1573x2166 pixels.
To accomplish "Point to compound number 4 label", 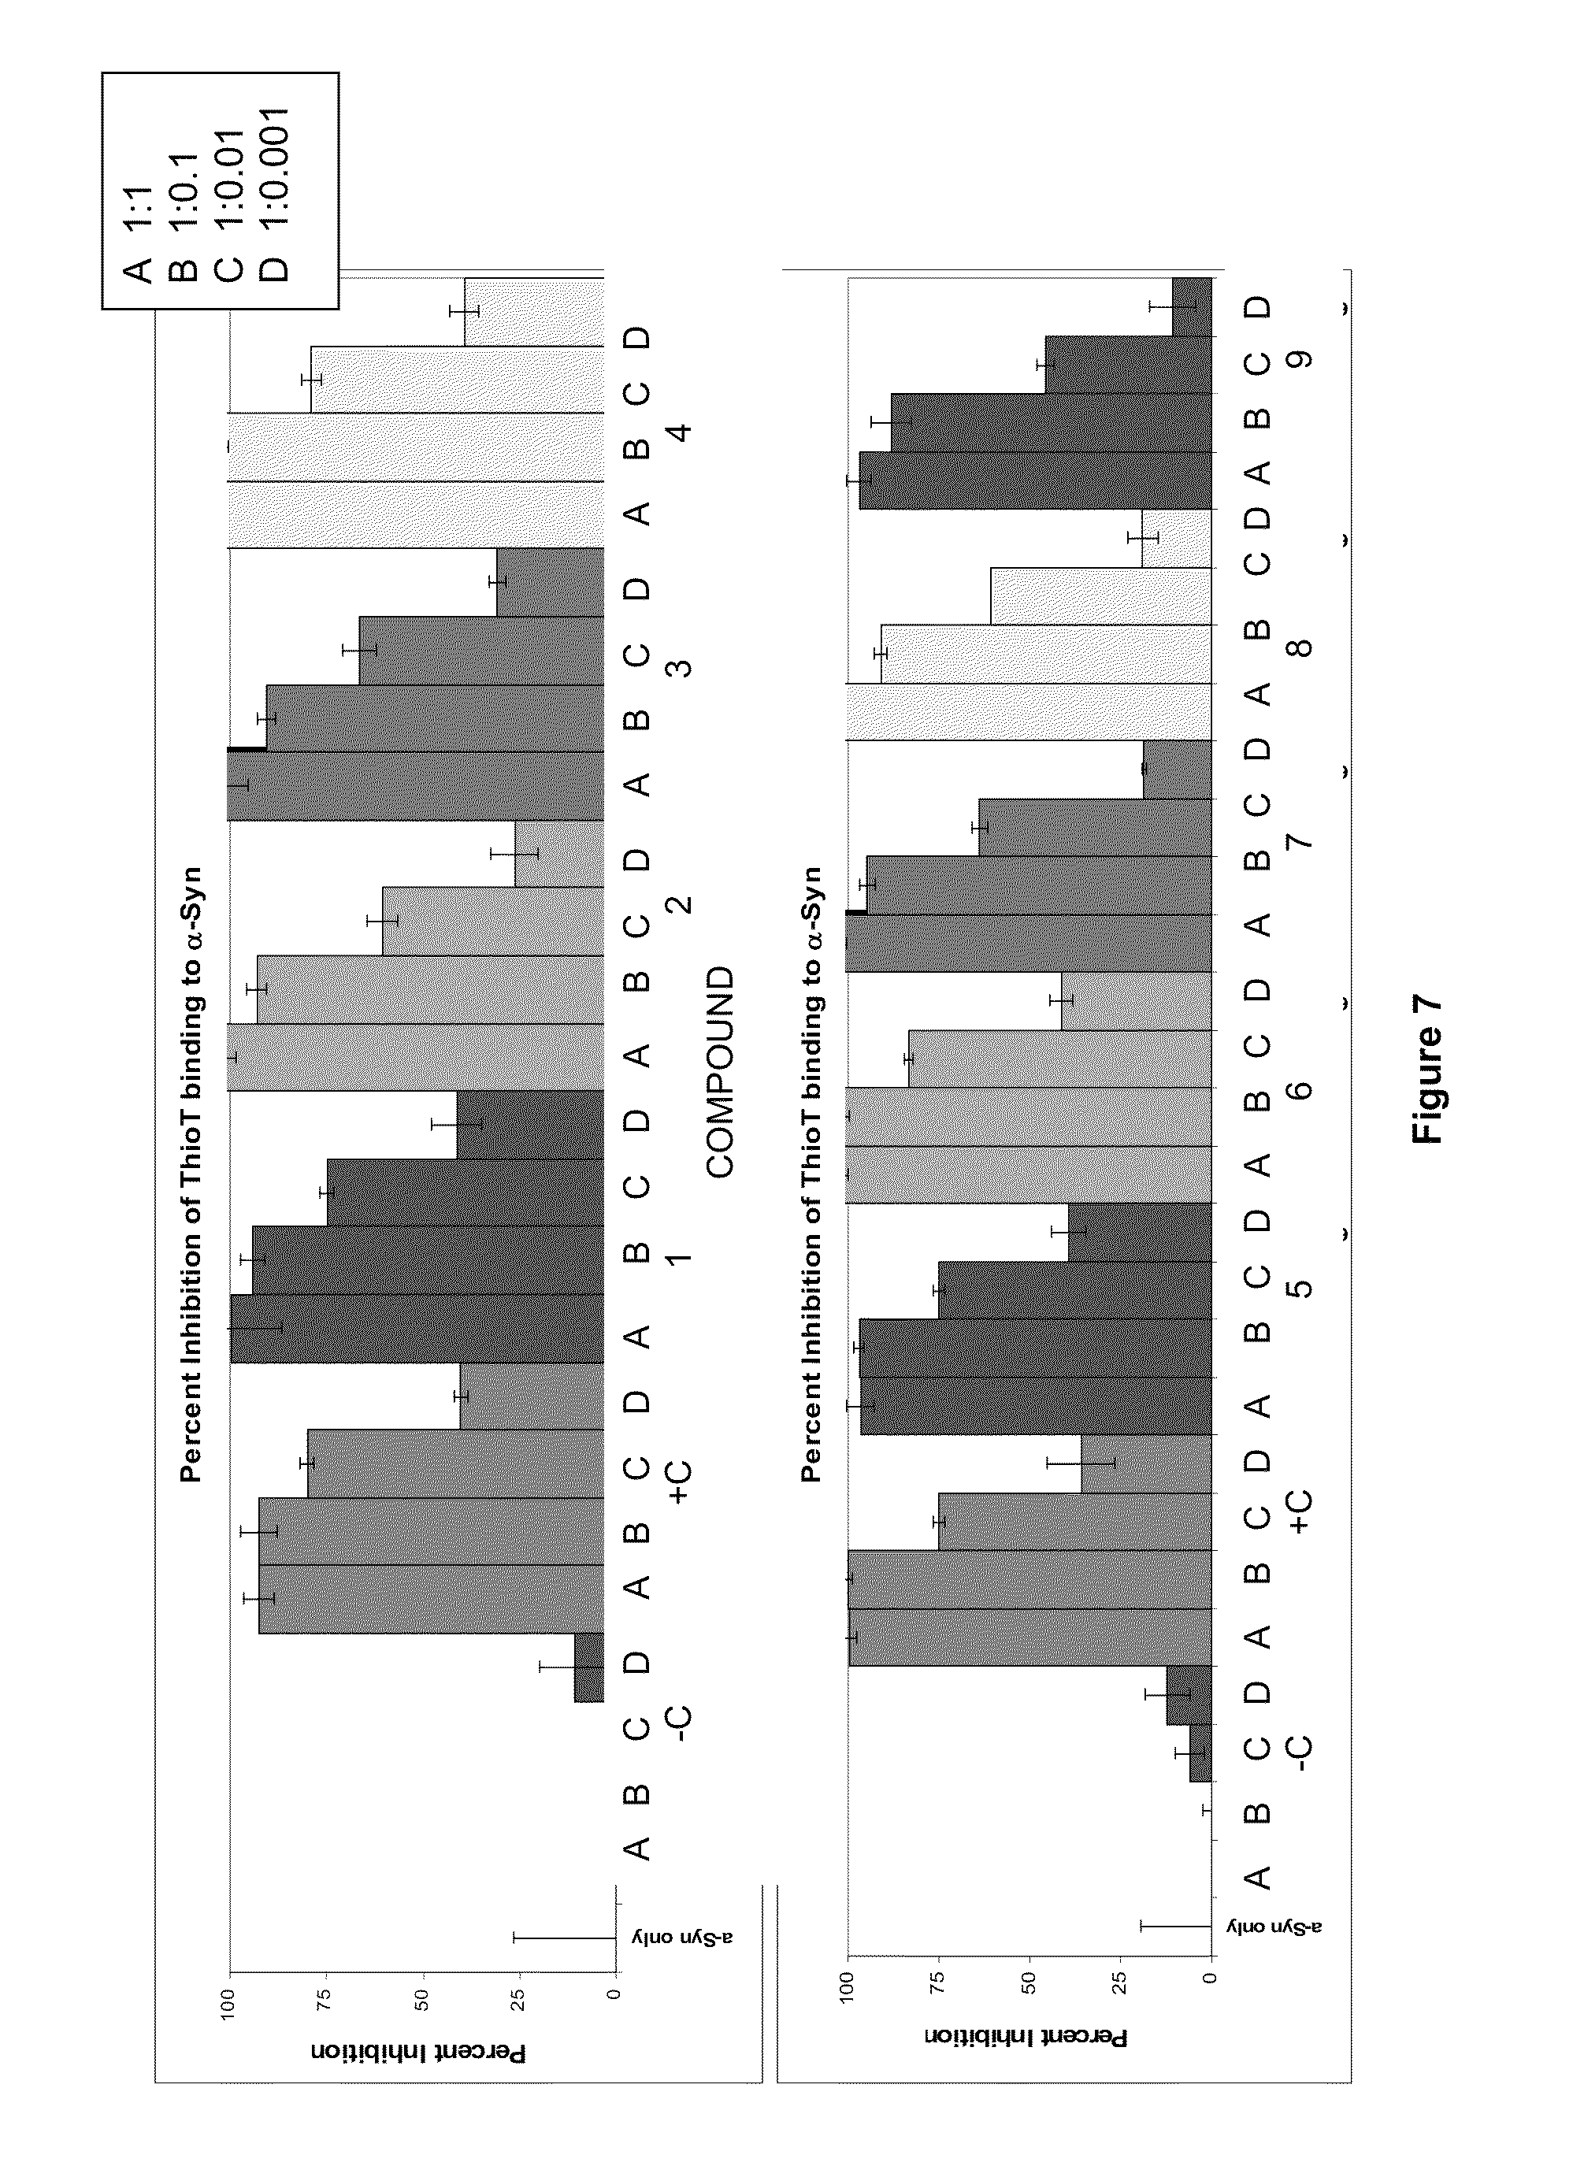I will (x=681, y=432).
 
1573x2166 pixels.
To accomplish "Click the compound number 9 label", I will (x=1300, y=360).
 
